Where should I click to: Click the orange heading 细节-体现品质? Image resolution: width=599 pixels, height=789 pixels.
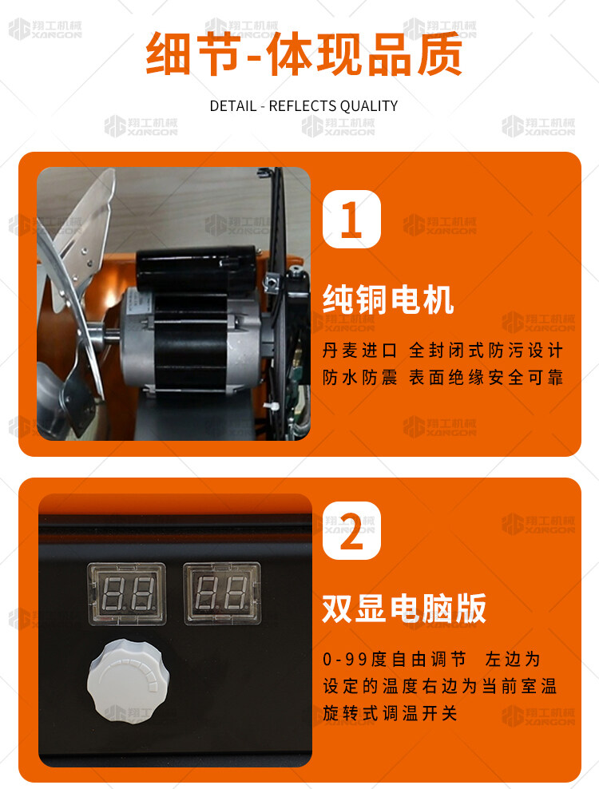click(x=304, y=55)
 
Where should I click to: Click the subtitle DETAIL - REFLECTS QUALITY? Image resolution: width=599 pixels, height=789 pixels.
click(x=303, y=106)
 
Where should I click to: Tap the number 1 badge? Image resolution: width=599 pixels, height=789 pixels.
click(x=351, y=220)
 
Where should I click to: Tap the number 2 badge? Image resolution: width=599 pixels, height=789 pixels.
click(x=351, y=530)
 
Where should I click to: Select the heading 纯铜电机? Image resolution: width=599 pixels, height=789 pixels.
click(x=388, y=299)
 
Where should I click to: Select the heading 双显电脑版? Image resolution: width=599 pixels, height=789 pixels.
click(x=403, y=608)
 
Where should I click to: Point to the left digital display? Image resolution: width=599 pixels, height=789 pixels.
click(x=127, y=594)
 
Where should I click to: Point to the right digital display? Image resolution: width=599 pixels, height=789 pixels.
click(x=222, y=594)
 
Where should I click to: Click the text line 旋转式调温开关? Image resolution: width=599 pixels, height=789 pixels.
click(x=390, y=713)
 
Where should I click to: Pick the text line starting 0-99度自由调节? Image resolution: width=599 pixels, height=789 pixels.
click(x=431, y=659)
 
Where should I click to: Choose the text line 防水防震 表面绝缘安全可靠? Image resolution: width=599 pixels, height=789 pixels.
click(x=443, y=377)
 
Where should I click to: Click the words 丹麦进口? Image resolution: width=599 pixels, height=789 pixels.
click(x=360, y=351)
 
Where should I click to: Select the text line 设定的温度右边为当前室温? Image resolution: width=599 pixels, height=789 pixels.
click(x=439, y=686)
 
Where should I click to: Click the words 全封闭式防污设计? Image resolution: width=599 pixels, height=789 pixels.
click(x=486, y=351)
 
